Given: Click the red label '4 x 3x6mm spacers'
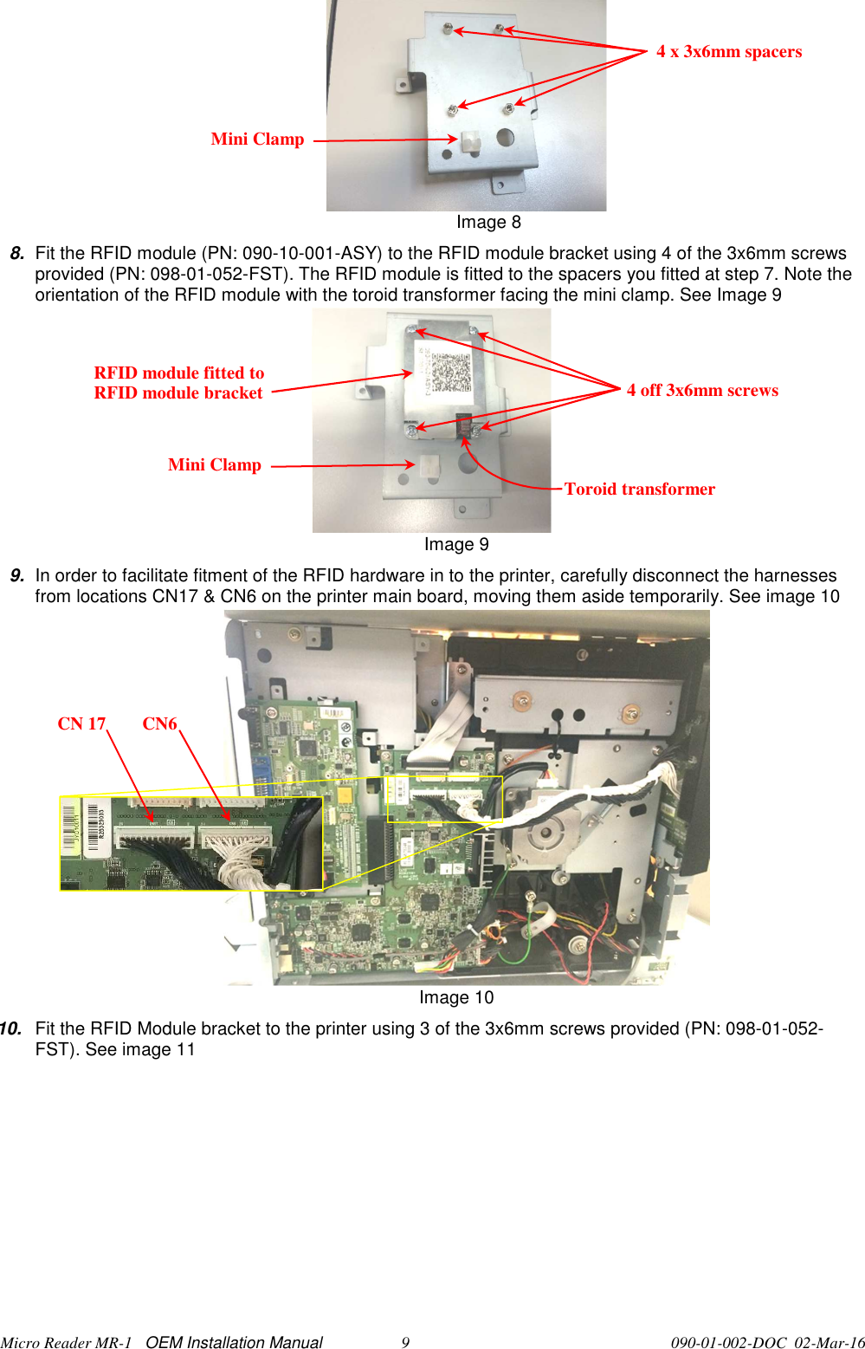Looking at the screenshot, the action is (x=729, y=52).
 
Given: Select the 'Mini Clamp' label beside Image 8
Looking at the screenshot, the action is (x=257, y=139).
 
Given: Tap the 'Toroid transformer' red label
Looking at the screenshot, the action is (x=639, y=490).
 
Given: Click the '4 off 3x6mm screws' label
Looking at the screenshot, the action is (x=702, y=391).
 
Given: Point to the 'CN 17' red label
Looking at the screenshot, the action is (x=81, y=724).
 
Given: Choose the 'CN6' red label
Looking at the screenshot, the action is (x=159, y=724).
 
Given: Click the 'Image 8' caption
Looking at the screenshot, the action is (x=488, y=223).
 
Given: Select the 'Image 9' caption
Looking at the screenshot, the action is (x=456, y=545).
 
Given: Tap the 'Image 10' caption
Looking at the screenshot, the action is (x=456, y=998).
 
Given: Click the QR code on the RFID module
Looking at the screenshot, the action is (x=450, y=373).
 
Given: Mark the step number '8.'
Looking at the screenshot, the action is (x=16, y=254).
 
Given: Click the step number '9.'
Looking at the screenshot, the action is (x=16, y=576).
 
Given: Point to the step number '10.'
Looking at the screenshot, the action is (x=10, y=1029).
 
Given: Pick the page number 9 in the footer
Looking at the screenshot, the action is (x=405, y=1343).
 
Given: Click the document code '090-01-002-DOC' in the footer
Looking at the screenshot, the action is (x=728, y=1343).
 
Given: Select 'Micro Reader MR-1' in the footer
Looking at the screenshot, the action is (x=66, y=1343).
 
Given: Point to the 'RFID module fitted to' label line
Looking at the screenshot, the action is (x=179, y=373).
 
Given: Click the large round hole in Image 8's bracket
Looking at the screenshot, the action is (x=506, y=137).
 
